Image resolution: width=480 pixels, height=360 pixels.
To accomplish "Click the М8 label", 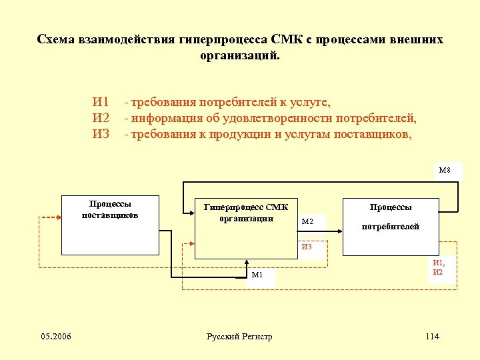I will [x=444, y=170].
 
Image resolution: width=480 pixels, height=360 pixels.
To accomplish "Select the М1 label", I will [x=257, y=275].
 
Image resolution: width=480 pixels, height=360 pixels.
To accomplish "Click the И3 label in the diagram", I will [x=307, y=247].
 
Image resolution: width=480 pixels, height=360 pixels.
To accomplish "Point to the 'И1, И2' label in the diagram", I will [x=439, y=267].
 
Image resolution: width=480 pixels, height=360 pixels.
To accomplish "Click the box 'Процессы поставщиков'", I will [x=110, y=225].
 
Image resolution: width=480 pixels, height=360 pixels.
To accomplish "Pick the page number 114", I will [x=432, y=336].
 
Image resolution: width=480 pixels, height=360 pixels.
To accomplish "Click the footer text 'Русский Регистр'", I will [x=239, y=337].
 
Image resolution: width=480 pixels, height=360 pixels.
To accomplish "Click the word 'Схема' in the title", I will [x=57, y=39].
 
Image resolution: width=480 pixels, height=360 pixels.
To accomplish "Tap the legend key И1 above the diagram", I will [x=101, y=103].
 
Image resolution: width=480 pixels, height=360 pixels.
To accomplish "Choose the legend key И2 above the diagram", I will [x=101, y=118].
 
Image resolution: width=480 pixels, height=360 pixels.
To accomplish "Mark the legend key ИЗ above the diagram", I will [x=101, y=133].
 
